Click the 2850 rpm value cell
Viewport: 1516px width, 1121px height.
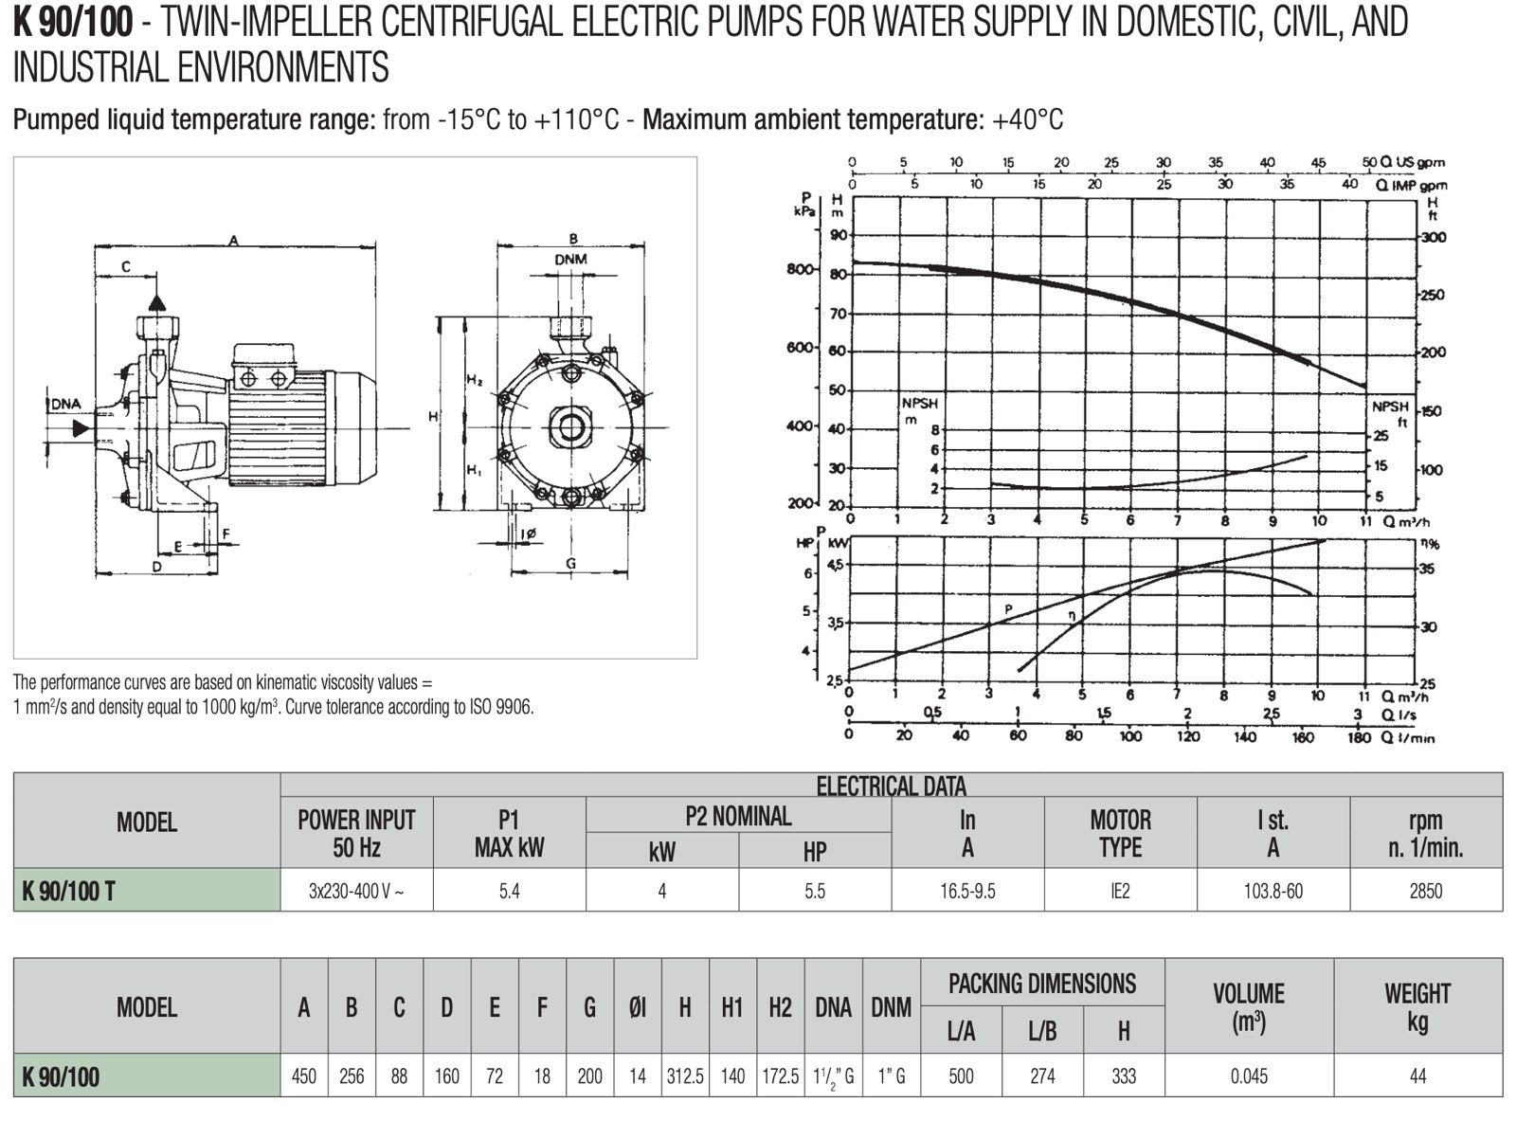coord(1425,891)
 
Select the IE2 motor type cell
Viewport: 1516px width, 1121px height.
coord(1120,891)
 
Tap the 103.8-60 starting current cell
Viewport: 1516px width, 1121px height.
coord(1272,891)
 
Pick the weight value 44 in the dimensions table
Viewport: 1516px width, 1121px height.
coord(1417,1076)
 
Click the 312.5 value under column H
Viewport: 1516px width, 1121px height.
coord(685,1076)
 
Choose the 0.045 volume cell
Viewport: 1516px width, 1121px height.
coord(1249,1076)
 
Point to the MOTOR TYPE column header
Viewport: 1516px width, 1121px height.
coord(1120,833)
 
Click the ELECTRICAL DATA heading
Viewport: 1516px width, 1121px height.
coord(892,787)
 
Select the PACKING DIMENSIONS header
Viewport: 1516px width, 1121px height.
coord(1041,984)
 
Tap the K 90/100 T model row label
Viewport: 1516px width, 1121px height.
coord(68,891)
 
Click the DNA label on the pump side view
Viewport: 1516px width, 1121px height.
coord(66,404)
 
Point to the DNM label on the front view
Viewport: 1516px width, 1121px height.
coord(570,260)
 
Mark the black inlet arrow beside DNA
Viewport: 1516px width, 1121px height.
coord(81,428)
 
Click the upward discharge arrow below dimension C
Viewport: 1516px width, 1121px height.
coord(157,302)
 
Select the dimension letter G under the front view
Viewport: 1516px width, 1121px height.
coord(570,563)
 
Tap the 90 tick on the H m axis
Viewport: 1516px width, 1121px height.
coord(838,235)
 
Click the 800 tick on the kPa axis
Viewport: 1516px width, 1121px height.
coord(800,268)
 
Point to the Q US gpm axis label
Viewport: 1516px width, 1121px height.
coord(1412,162)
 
